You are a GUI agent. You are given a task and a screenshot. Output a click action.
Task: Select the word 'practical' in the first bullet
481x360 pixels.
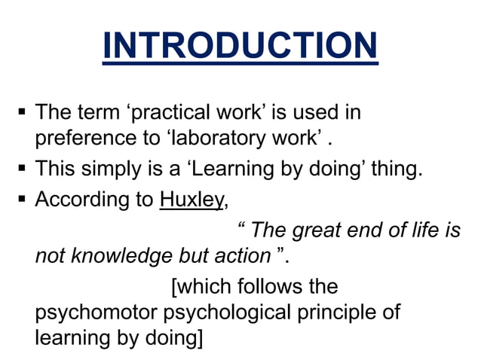coord(162,113)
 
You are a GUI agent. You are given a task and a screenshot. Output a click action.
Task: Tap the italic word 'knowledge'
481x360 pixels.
coord(123,257)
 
